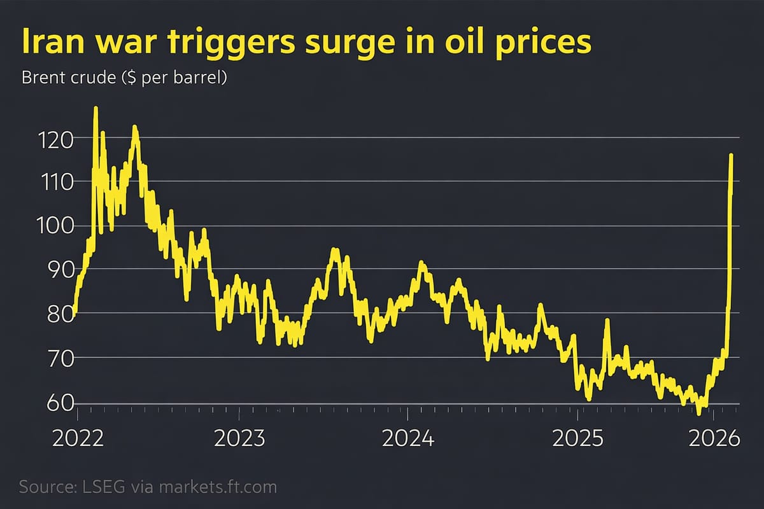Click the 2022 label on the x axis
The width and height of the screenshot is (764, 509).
pos(77,439)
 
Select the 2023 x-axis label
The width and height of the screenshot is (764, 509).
pos(240,439)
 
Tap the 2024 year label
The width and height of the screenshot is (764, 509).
pos(408,439)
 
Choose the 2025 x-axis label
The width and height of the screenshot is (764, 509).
pos(577,439)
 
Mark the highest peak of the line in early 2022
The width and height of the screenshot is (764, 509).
pos(95,109)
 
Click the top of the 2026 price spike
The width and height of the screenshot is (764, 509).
pos(731,155)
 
